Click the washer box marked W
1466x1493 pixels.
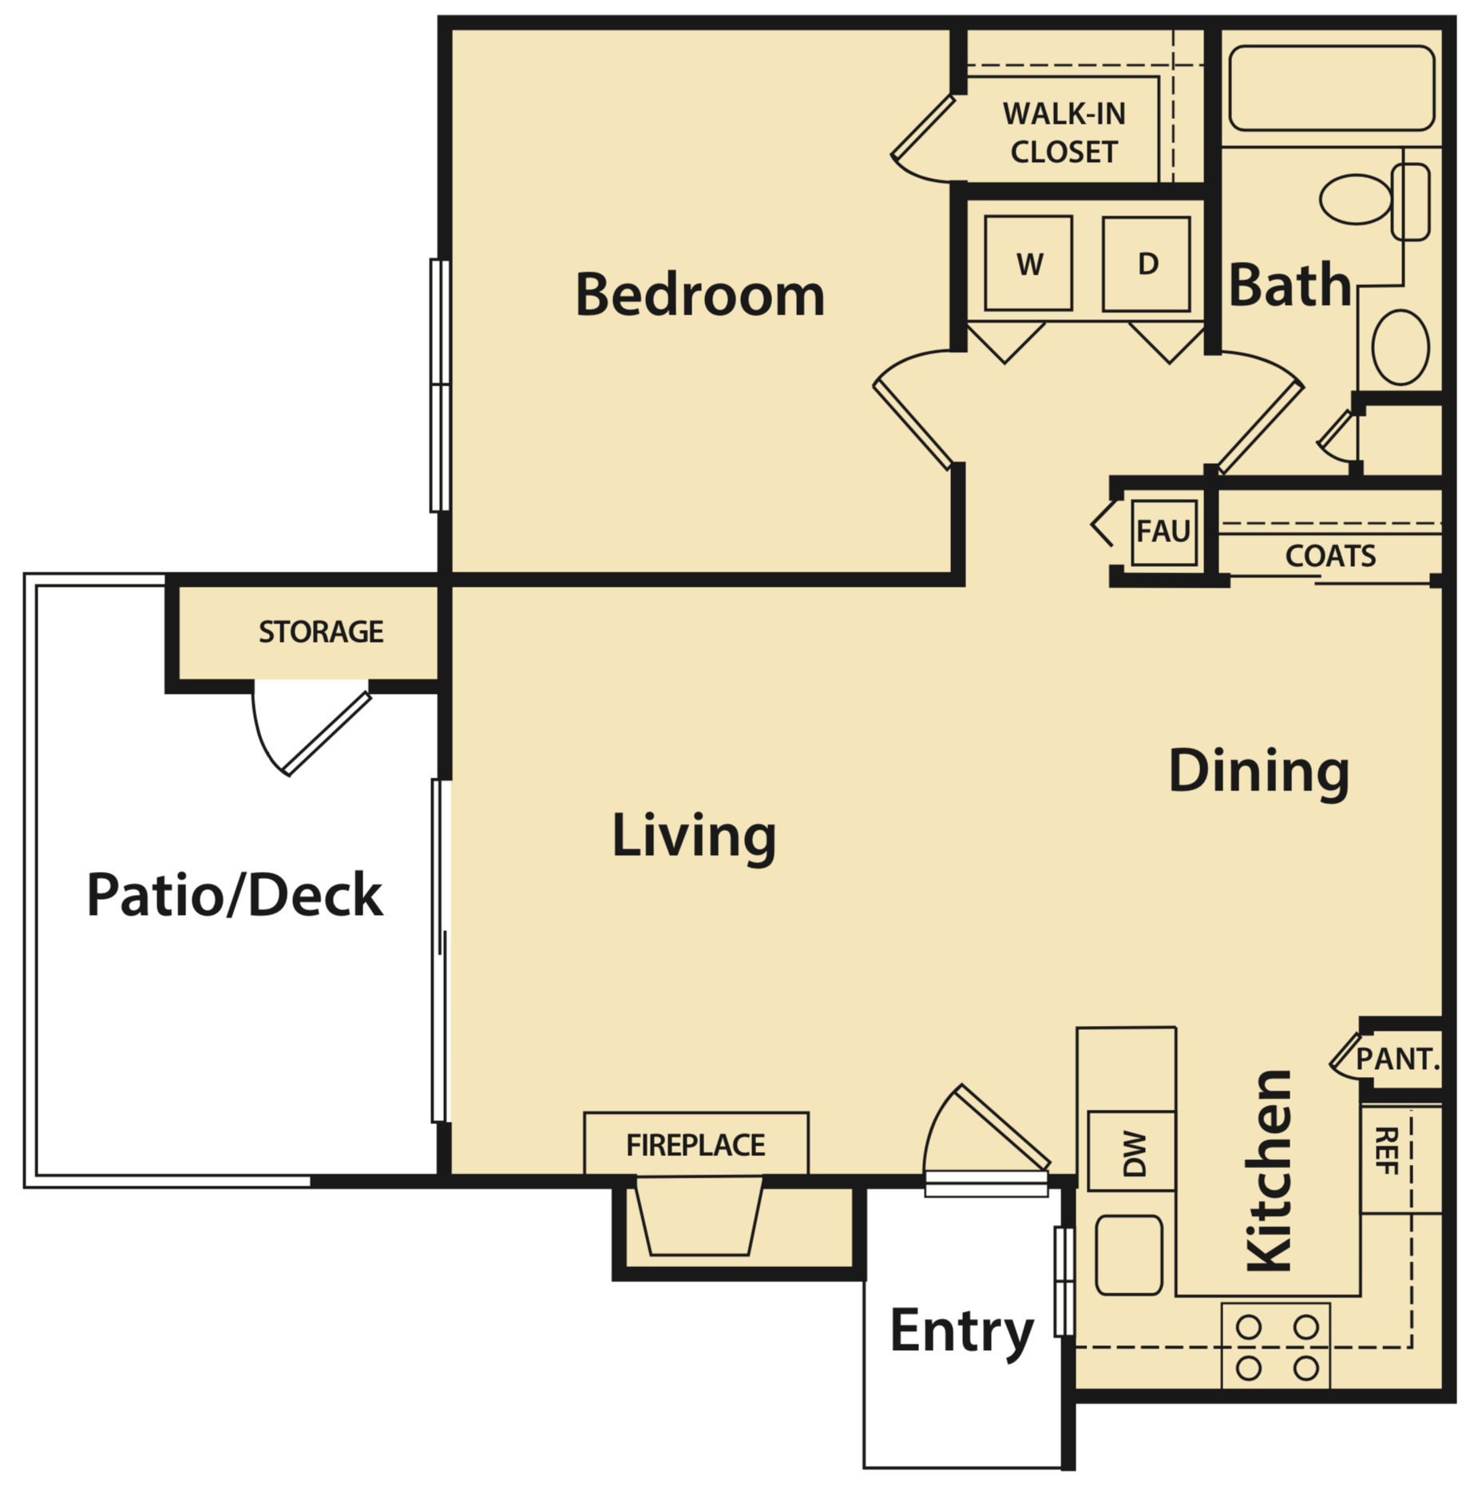pos(1028,263)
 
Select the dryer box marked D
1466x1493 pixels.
pos(1146,263)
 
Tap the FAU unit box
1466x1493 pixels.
pos(1163,531)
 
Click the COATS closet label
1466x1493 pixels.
pos(1329,556)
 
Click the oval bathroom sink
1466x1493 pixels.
pos(1400,348)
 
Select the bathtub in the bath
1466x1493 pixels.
pos(1331,88)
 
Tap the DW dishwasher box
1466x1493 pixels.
pos(1131,1153)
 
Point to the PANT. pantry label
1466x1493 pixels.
pos(1397,1059)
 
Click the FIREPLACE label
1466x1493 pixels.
pos(695,1145)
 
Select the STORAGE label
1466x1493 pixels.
pos(320,632)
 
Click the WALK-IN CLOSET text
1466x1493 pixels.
pos(1064,133)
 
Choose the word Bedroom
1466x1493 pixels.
pos(699,295)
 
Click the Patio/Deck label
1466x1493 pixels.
pos(234,895)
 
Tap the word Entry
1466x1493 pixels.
pos(961,1331)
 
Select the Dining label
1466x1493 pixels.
pos(1258,771)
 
